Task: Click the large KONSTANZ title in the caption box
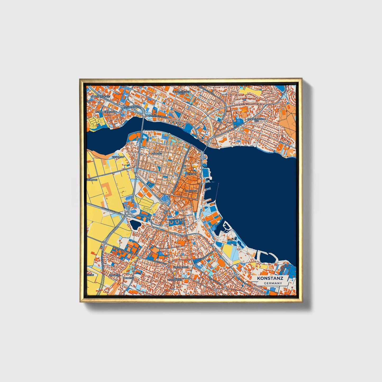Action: click(270, 278)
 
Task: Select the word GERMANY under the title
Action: click(272, 283)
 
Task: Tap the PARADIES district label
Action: click(157, 153)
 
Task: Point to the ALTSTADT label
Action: click(192, 174)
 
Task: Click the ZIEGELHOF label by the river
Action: click(118, 157)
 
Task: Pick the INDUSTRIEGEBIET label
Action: click(99, 97)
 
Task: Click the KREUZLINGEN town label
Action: click(181, 268)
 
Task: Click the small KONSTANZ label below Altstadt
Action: click(191, 191)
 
